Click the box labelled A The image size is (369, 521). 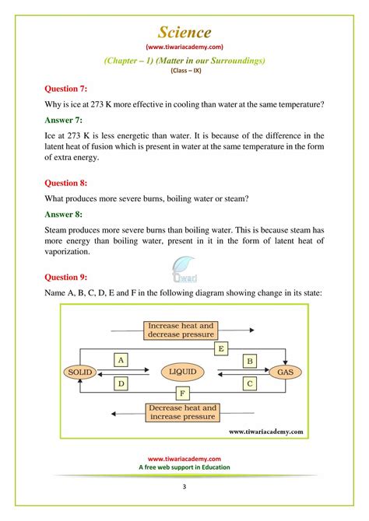121,360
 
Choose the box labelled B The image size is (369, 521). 249,360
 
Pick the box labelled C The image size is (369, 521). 249,383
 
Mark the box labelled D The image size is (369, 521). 121,383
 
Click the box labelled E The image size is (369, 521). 221,349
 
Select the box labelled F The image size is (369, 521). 181,394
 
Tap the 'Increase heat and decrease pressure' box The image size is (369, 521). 181,330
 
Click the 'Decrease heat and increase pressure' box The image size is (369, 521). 181,411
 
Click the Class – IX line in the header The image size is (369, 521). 184,69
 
